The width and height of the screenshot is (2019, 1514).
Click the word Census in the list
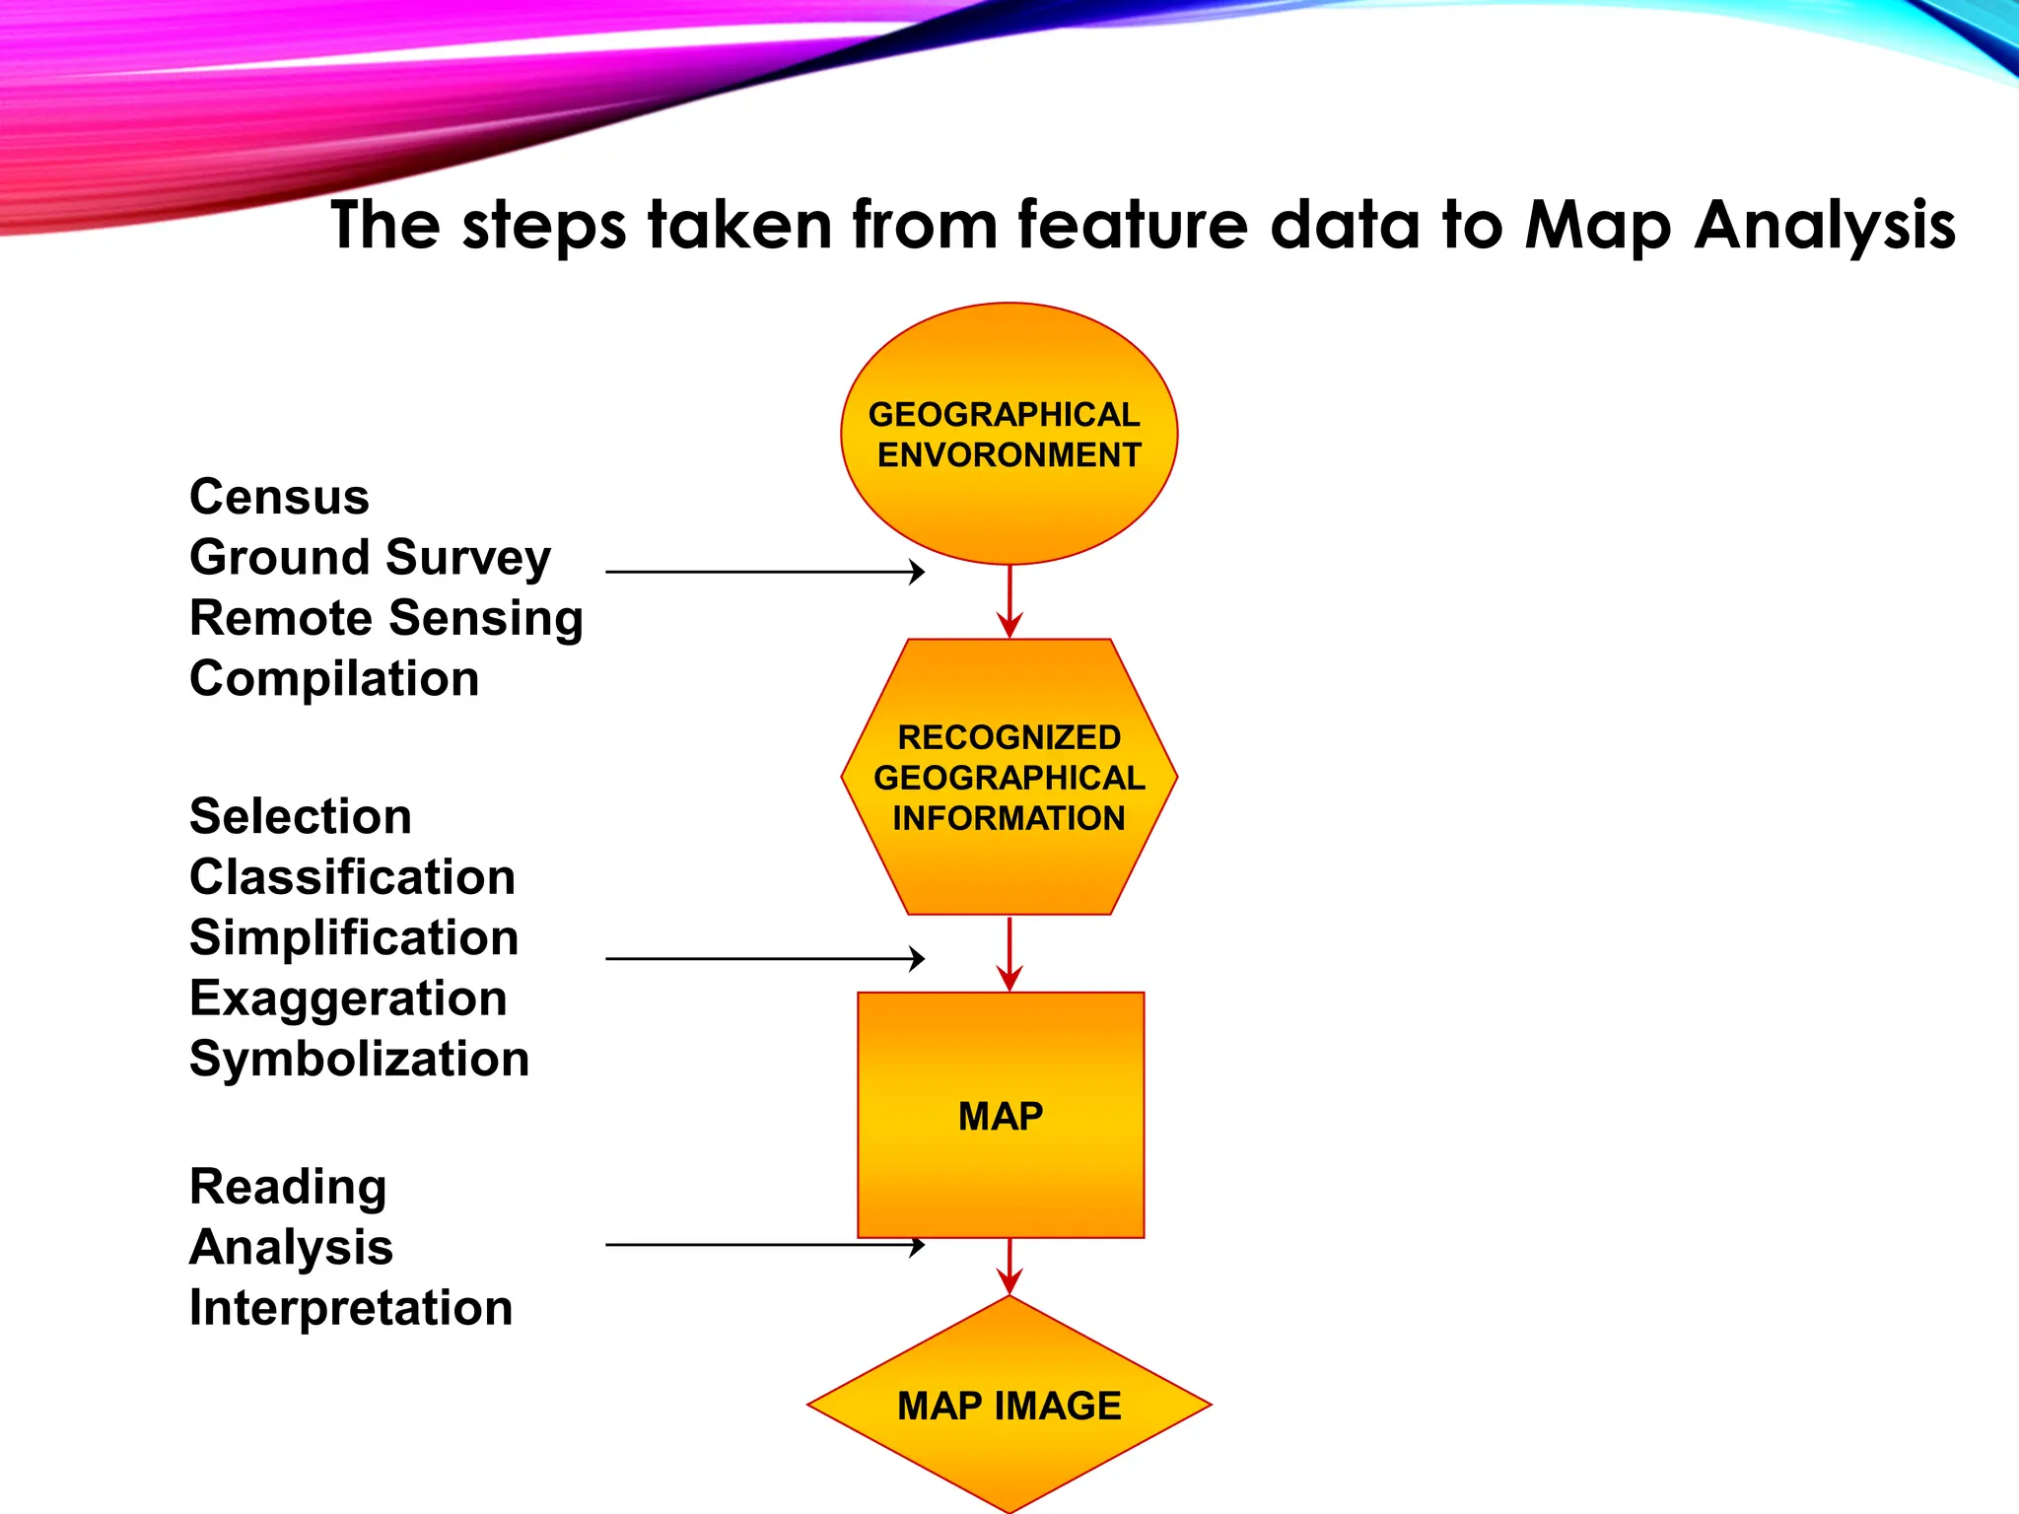click(x=279, y=497)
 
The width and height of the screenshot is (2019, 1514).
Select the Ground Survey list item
click(x=370, y=558)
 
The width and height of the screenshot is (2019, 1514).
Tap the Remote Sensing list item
click(x=385, y=619)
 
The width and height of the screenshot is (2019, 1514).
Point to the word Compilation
click(x=334, y=679)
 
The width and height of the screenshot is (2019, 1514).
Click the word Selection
click(x=300, y=816)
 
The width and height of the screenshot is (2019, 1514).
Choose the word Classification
click(x=352, y=877)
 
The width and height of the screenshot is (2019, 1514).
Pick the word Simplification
click(x=353, y=937)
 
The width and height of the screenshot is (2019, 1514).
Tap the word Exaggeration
click(x=348, y=998)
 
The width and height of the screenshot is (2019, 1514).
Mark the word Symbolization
click(x=359, y=1059)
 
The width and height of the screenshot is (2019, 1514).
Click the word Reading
click(x=288, y=1187)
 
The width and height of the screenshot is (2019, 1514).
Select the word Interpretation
click(x=351, y=1308)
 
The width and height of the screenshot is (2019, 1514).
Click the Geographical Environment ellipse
click(x=1009, y=434)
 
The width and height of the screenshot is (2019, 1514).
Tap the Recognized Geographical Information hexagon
click(x=1009, y=777)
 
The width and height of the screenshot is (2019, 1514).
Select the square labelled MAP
click(x=1001, y=1115)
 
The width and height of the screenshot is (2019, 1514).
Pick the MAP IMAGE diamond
click(x=1009, y=1405)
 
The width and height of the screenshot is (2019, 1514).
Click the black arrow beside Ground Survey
click(x=765, y=572)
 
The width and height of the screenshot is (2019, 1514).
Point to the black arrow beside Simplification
click(x=765, y=958)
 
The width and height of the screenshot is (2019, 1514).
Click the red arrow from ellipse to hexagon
click(x=1009, y=601)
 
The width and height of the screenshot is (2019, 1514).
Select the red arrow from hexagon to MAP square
click(x=1009, y=954)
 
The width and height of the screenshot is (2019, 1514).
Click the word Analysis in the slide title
click(x=1825, y=226)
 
